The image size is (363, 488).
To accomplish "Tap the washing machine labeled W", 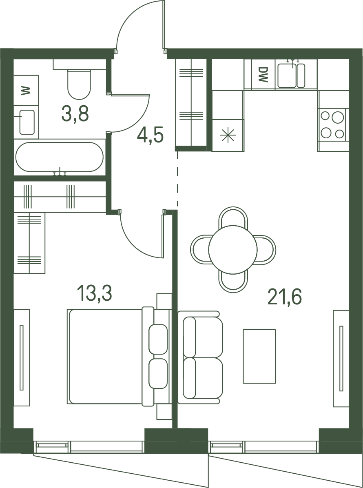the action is [x=26, y=90].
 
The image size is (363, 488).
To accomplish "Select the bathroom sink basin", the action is [x=27, y=122].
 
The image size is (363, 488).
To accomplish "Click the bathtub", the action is [x=60, y=157].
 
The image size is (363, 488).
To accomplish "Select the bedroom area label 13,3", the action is [x=94, y=293].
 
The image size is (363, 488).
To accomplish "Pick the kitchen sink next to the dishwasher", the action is [x=291, y=75].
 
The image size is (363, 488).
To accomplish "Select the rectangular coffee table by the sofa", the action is [x=259, y=356].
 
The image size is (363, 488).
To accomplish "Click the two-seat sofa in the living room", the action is [x=200, y=357].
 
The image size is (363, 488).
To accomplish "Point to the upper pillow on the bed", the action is [x=158, y=339].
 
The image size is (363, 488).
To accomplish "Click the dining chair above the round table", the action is [x=233, y=217].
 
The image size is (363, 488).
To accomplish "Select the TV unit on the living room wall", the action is [x=341, y=358].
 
